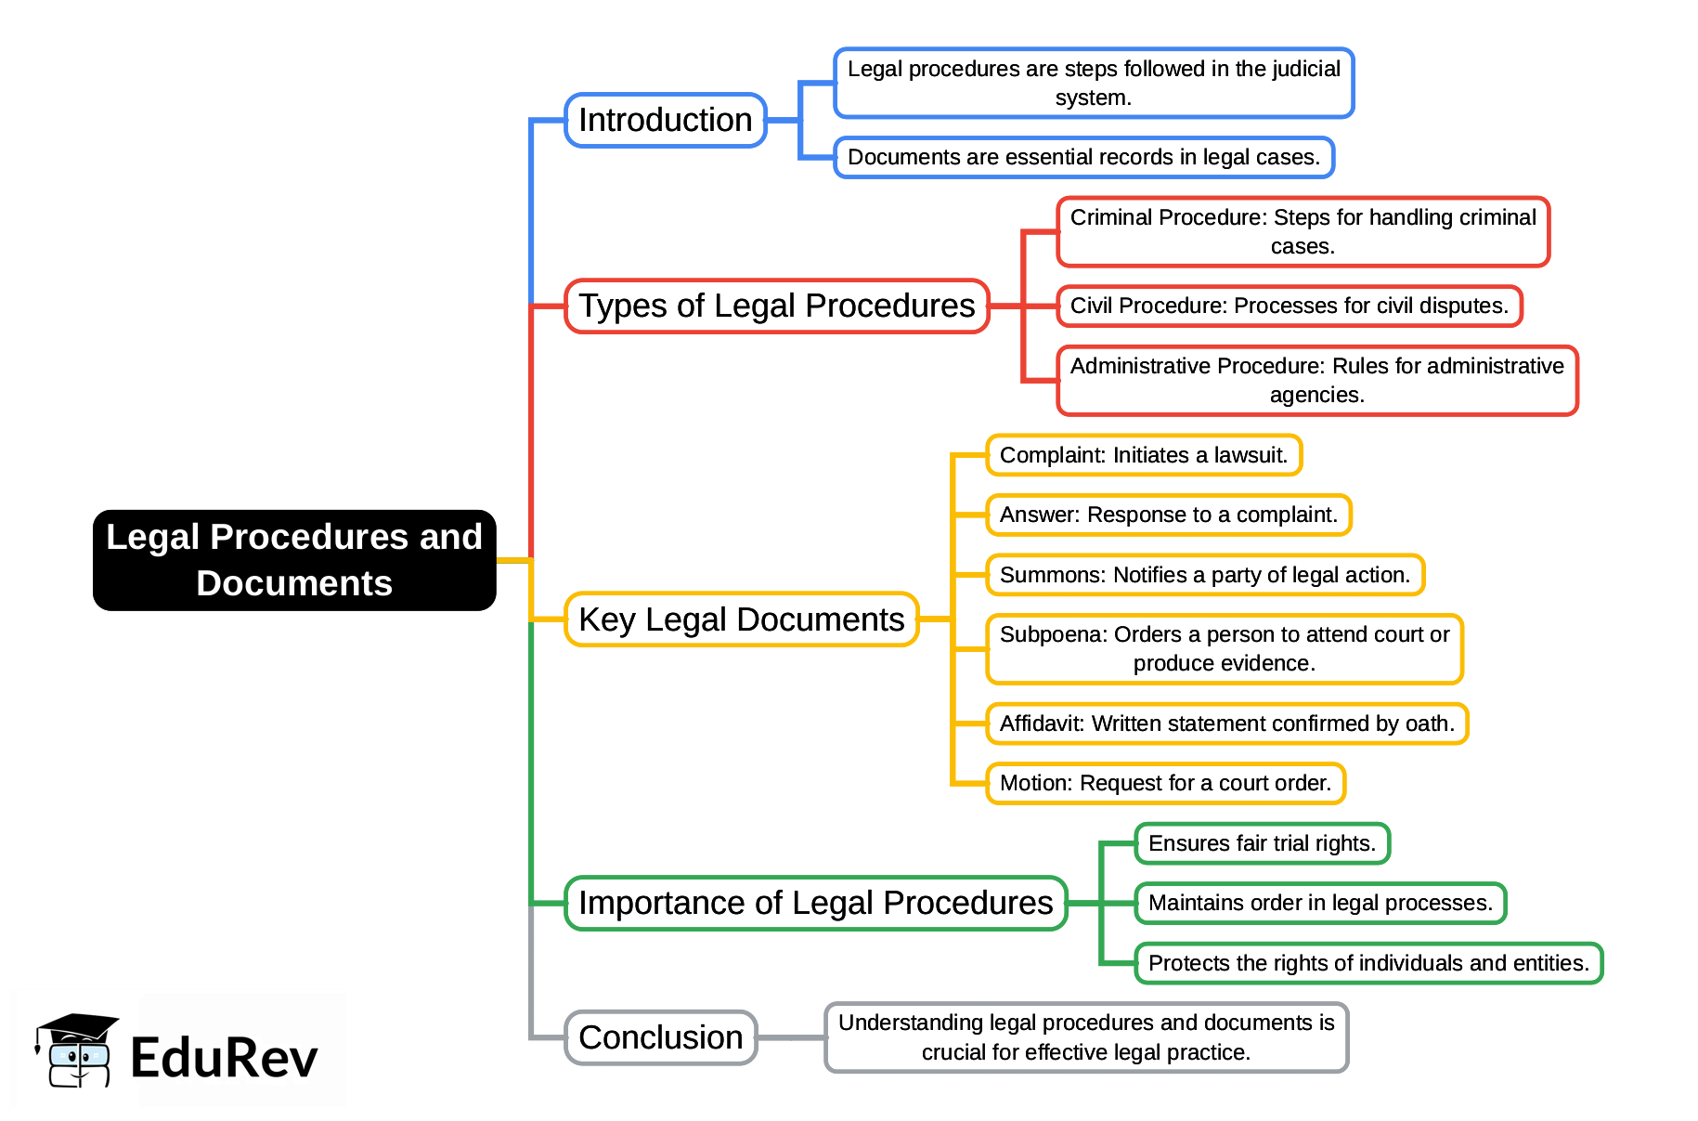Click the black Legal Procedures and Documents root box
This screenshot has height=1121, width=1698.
point(294,560)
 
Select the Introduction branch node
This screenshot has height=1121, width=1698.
point(666,120)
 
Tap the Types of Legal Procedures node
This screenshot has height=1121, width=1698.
point(777,306)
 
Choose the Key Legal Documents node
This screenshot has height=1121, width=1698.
point(741,619)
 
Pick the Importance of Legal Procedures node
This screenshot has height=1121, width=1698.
point(815,903)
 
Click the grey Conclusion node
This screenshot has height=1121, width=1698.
point(661,1037)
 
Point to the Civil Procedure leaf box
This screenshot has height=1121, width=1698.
point(1290,306)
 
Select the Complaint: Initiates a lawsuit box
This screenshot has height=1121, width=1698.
point(1144,455)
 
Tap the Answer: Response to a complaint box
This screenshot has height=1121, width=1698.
point(1169,515)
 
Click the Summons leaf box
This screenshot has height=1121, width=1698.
point(1205,575)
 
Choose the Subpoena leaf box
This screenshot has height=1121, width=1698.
point(1225,648)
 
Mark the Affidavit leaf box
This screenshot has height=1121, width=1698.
point(1227,723)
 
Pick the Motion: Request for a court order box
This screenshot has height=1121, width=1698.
point(1165,783)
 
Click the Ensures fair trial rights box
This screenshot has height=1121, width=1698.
point(1262,843)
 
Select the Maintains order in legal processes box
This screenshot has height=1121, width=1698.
point(1320,903)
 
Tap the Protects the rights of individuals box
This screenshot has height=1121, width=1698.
point(1368,963)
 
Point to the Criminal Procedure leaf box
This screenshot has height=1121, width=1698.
point(1303,231)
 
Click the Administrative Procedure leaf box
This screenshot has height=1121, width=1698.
point(1317,380)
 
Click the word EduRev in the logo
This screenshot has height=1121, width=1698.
point(224,1058)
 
